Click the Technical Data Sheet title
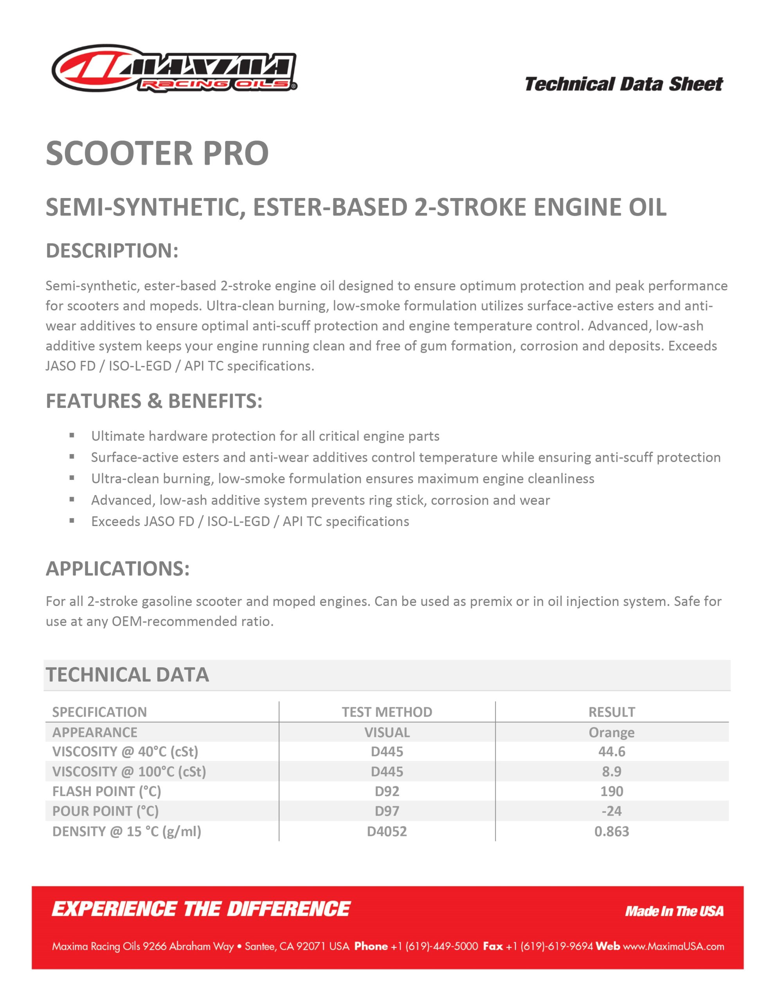coord(623,85)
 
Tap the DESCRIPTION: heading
coord(112,250)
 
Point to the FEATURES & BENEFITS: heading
coord(154,401)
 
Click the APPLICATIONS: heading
coord(117,568)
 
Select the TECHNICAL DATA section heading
coord(127,674)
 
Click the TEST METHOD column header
coord(387,712)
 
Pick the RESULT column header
coord(612,712)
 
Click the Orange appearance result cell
coord(612,732)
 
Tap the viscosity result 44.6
coord(612,751)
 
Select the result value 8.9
coord(612,771)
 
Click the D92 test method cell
coord(387,791)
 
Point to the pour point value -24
coord(612,811)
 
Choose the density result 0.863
coord(612,831)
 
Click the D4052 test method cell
coord(387,831)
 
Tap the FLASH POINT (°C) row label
coord(106,791)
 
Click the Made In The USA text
coord(674,911)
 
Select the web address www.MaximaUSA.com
coord(673,946)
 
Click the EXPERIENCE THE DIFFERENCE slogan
coord(201,909)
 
